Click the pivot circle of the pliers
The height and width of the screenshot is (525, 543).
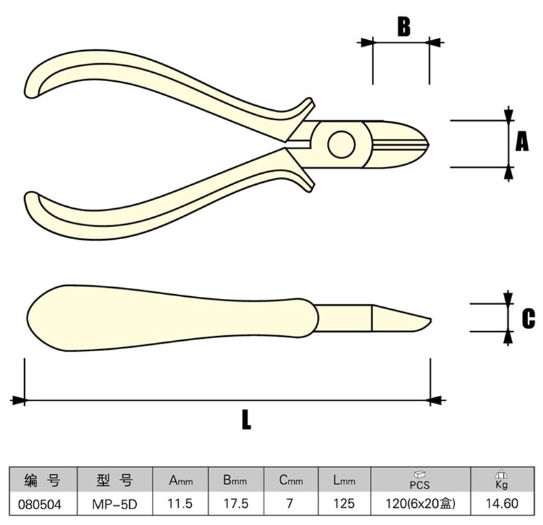342,144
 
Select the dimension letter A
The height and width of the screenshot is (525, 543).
522,142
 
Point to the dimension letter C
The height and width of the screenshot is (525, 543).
528,318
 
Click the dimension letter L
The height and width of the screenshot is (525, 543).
245,419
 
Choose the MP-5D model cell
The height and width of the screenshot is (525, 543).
115,504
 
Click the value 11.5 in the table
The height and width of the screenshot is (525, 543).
181,504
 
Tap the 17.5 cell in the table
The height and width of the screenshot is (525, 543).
235,504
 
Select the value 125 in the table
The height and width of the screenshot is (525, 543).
343,504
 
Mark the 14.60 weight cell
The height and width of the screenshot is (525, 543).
501,504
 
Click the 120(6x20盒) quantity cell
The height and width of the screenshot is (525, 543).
419,504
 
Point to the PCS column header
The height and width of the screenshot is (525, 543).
419,479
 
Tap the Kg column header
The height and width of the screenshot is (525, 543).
501,479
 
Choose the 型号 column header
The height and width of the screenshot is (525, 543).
115,480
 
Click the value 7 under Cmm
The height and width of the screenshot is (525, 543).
289,504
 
